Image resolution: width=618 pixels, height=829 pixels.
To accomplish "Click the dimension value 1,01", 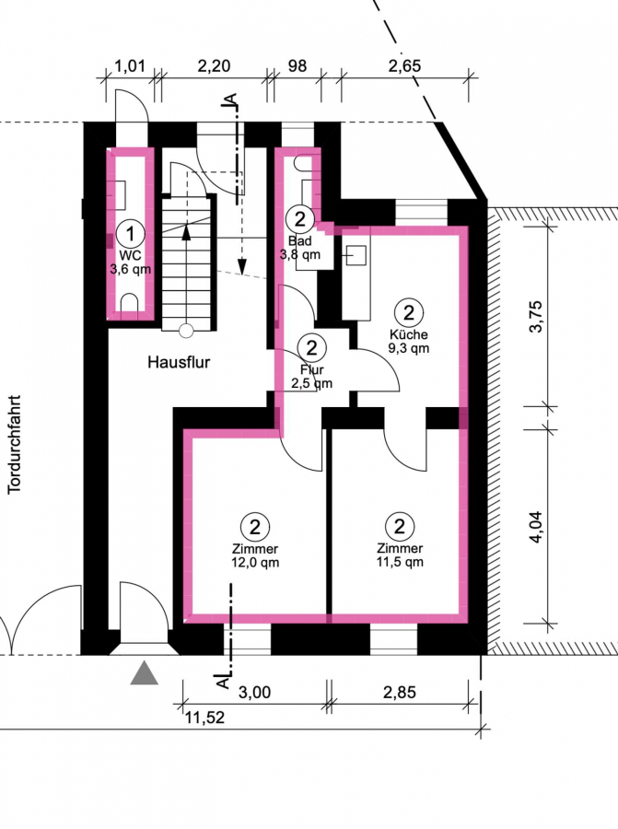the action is (130, 66).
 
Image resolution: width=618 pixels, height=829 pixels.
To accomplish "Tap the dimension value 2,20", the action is (214, 66).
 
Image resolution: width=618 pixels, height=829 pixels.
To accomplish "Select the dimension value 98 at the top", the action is (297, 66).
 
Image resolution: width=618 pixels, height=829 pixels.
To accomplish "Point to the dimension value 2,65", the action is (404, 66).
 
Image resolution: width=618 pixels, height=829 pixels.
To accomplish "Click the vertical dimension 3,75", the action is (535, 316).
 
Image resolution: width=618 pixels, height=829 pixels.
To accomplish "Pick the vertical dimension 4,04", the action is (535, 527).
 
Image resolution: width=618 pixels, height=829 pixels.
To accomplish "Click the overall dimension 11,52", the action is (204, 718).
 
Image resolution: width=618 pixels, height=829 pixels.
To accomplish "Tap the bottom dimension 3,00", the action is (254, 692).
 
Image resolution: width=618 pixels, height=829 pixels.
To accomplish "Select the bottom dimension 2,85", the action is (400, 692).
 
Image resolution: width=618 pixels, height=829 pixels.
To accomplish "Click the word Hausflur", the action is (179, 362).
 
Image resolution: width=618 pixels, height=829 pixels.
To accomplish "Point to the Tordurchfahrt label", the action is (14, 445).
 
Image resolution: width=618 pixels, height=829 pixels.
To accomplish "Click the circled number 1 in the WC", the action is (130, 233).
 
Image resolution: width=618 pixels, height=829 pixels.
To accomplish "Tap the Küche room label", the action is (409, 334).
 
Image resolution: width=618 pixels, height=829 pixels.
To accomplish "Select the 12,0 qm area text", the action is (255, 563).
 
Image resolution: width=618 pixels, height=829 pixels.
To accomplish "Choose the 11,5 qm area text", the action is (400, 562).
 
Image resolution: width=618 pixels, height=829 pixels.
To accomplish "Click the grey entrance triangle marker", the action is (145, 673).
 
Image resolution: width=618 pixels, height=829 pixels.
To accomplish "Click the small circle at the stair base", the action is (185, 331).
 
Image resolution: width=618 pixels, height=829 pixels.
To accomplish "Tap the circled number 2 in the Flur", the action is (312, 348).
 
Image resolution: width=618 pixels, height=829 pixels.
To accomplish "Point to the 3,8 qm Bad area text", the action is (299, 254).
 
